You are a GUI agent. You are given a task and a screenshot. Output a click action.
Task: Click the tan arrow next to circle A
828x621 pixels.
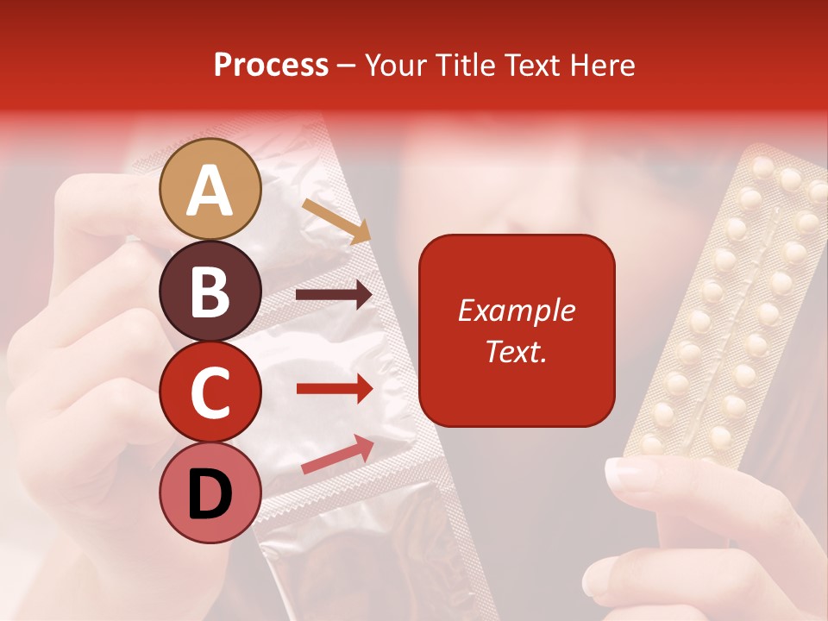pyautogui.click(x=336, y=221)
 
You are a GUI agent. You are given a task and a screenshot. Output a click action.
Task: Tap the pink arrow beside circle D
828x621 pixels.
pyautogui.click(x=337, y=455)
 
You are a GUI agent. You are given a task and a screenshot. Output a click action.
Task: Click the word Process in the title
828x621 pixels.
pyautogui.click(x=271, y=65)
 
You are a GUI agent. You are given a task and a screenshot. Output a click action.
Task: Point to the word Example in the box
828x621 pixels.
pyautogui.click(x=516, y=310)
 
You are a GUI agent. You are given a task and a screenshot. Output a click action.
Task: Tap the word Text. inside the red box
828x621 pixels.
pyautogui.click(x=516, y=351)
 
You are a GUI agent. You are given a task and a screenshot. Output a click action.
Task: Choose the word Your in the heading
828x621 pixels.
pyautogui.click(x=397, y=65)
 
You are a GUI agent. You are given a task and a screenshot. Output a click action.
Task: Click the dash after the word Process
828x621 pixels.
pyautogui.click(x=347, y=66)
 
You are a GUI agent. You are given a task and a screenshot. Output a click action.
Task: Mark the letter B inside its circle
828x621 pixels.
pyautogui.click(x=210, y=292)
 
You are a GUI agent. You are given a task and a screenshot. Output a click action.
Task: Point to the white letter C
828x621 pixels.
pyautogui.click(x=210, y=392)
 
